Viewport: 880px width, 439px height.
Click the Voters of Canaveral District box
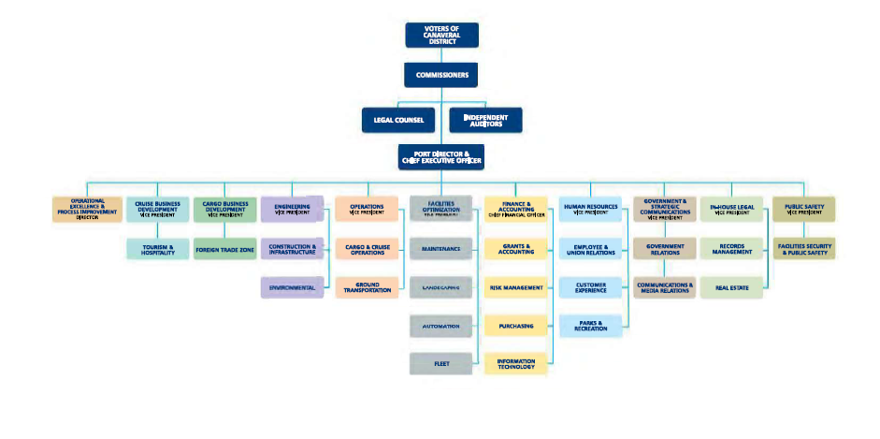(x=441, y=35)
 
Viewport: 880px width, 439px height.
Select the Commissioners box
(x=441, y=74)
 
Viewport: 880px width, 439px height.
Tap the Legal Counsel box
(x=399, y=120)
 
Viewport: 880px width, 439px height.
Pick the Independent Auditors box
(x=485, y=120)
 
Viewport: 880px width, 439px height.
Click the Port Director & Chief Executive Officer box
(x=441, y=155)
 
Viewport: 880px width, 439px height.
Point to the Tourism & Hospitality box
(x=157, y=250)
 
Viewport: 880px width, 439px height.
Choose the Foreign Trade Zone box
(x=224, y=250)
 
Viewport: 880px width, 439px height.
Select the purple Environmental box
(x=292, y=287)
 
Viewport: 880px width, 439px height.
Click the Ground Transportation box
(x=367, y=287)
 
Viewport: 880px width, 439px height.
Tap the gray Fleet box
(x=440, y=363)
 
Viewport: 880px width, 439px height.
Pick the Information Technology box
(x=515, y=363)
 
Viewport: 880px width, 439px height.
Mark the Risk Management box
(x=515, y=287)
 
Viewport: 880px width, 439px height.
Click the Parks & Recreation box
(x=590, y=325)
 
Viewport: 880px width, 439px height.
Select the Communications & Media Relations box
(x=665, y=287)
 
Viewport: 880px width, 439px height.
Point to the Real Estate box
(x=731, y=287)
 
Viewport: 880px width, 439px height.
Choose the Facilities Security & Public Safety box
(x=803, y=250)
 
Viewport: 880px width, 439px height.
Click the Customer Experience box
(x=590, y=287)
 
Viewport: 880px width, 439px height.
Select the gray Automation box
(x=440, y=325)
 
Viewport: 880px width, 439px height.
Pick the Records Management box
(x=731, y=250)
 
